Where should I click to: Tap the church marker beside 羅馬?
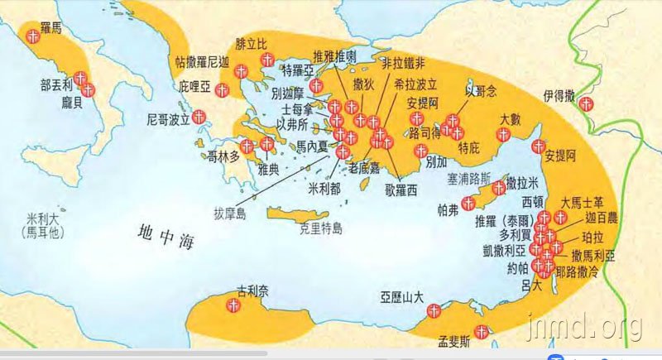[31, 36]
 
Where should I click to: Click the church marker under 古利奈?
[234, 305]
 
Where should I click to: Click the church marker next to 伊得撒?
[586, 104]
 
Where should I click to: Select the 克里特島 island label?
[325, 225]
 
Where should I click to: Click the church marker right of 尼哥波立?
[199, 118]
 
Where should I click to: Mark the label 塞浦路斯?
[469, 177]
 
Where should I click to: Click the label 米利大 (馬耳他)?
[41, 225]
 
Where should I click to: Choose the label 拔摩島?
[230, 214]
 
